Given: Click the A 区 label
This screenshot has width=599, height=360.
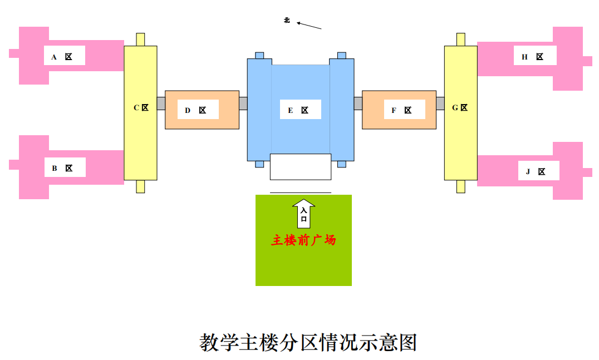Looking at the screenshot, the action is [62, 57].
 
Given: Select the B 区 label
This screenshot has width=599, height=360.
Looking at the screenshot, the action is [62, 168].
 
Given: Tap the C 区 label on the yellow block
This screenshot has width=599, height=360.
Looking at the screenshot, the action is [141, 107].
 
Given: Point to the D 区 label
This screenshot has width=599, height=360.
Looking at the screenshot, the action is [195, 110].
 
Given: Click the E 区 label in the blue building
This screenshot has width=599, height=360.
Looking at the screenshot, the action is [298, 110].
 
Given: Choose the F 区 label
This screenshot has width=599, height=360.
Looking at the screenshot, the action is [401, 110].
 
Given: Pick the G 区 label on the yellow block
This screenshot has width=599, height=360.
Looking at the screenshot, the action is [460, 107].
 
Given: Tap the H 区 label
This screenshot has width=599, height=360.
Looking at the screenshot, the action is [533, 57].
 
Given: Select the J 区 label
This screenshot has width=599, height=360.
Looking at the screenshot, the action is [536, 172].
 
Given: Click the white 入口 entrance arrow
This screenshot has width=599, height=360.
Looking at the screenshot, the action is [304, 214].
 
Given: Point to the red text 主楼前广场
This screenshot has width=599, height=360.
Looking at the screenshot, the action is [304, 240].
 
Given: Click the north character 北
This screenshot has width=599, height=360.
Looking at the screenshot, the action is [287, 20].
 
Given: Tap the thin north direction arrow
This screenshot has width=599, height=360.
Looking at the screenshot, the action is [309, 26].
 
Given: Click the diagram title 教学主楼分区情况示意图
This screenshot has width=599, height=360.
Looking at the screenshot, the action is [308, 342].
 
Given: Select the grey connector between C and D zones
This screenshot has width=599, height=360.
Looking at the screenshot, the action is [161, 103].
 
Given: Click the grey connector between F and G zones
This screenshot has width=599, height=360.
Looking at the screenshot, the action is [440, 103].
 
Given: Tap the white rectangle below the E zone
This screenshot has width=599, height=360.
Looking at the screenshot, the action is [301, 167].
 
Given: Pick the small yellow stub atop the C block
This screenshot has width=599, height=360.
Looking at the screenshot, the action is [140, 40].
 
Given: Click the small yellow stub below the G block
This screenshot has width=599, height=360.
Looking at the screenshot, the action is [461, 186].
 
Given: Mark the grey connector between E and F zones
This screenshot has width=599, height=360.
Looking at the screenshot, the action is [358, 103].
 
